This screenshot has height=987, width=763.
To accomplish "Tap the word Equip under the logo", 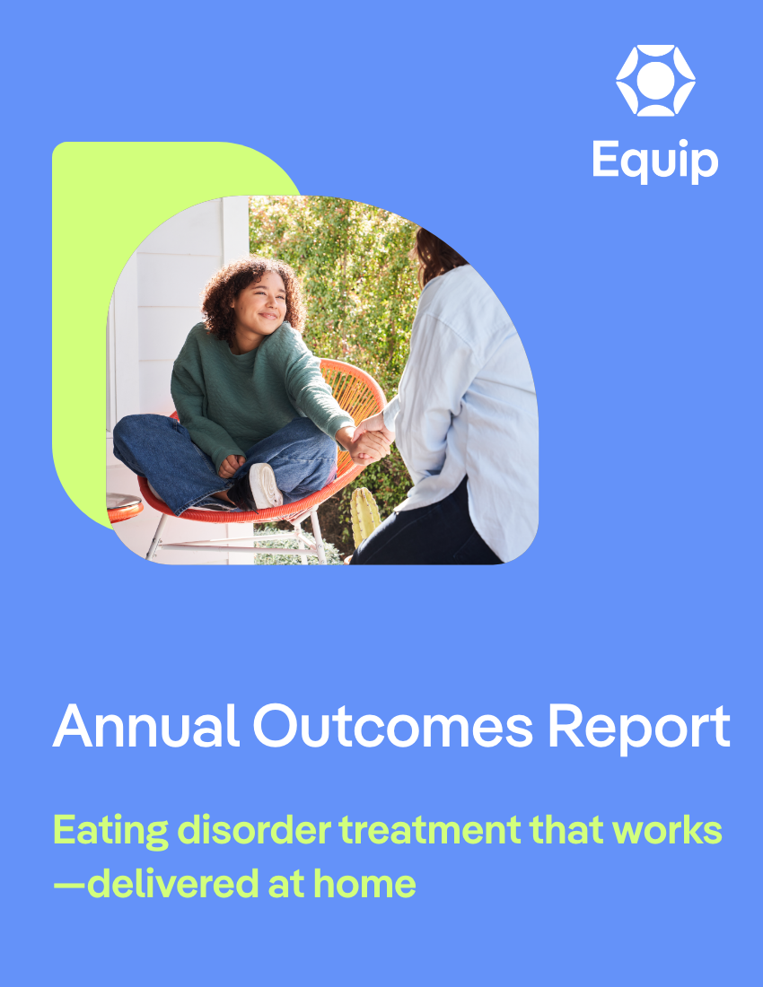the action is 655,162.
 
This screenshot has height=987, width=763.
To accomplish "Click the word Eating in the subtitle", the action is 110,831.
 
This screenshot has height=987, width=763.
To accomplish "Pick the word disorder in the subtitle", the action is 254,830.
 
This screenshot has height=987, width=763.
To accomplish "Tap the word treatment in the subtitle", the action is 430,830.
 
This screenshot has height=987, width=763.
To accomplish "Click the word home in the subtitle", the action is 364,884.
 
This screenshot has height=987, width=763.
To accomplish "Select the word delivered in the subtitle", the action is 173,884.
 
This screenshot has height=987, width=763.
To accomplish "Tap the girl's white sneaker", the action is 265,485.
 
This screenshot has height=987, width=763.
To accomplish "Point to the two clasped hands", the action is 370,440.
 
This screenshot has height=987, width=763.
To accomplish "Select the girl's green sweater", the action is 252,390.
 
